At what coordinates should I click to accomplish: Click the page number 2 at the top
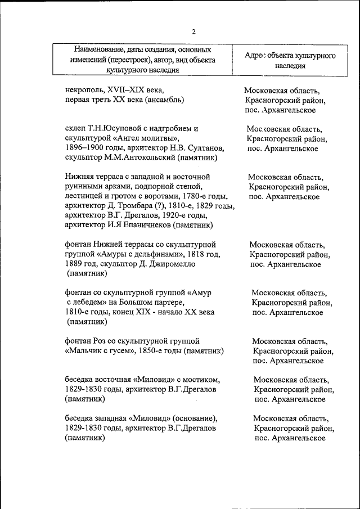tap(193, 31)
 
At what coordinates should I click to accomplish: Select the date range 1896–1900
tap(84, 148)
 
